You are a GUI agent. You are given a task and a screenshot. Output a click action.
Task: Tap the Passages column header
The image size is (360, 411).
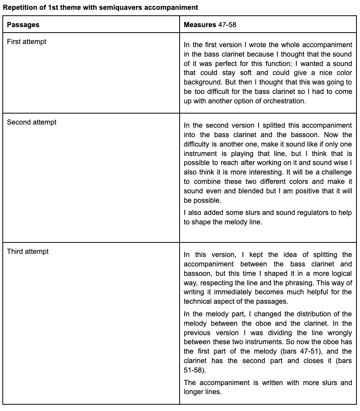(x=23, y=25)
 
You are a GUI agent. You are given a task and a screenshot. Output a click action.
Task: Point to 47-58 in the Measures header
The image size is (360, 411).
(x=227, y=25)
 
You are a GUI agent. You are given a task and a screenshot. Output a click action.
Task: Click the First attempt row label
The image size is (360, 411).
(x=26, y=42)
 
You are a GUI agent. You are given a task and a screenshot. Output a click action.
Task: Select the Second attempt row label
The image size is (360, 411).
(x=31, y=122)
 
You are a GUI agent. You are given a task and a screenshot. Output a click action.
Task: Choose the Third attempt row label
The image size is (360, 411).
(x=28, y=251)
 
